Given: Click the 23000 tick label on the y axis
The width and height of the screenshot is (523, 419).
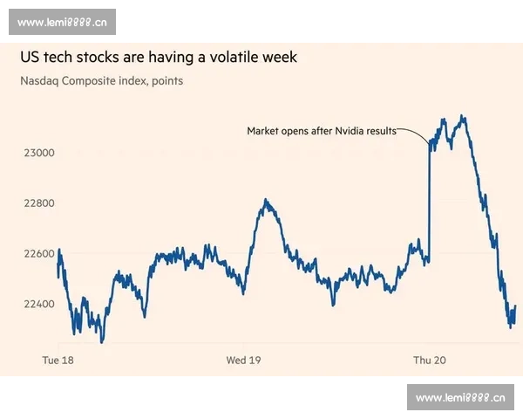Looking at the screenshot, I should point(38,153).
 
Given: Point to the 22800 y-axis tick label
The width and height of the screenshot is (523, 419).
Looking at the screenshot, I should point(38,203).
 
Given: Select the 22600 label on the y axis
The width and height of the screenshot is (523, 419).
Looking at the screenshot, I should point(38,254).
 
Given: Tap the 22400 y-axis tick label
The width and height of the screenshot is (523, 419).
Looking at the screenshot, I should point(38,304).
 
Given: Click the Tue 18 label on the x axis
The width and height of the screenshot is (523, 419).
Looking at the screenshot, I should point(59,360).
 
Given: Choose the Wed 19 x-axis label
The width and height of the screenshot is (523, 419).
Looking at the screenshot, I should point(244,360).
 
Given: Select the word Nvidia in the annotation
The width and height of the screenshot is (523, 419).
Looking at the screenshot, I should point(351,131).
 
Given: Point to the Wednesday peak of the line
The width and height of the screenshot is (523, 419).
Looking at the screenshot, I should point(267,202).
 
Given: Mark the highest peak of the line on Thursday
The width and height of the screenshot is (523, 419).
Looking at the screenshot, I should point(462,116).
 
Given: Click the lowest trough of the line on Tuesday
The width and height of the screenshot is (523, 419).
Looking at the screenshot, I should point(102,341).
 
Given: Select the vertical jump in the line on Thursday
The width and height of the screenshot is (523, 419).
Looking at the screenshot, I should point(430,201).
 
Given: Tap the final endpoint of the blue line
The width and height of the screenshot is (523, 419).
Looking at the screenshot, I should point(515,306).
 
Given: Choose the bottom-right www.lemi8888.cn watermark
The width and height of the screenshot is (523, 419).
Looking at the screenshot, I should point(460,398).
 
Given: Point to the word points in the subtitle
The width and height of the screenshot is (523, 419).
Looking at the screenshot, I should point(166,81).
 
